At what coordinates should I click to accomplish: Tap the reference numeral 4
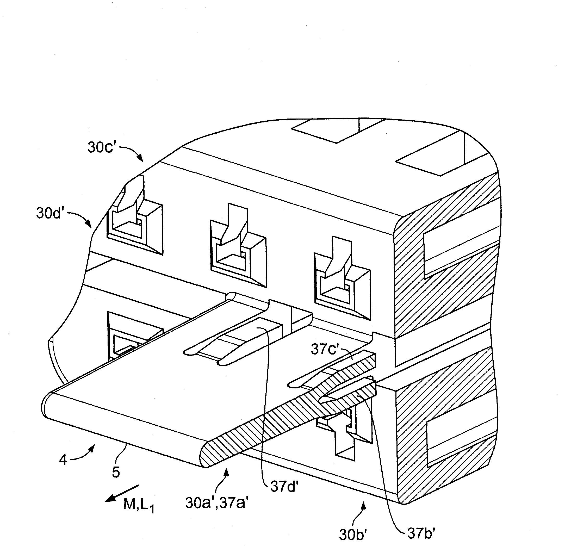pos(63,459)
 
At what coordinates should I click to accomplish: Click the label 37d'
pos(284,487)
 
